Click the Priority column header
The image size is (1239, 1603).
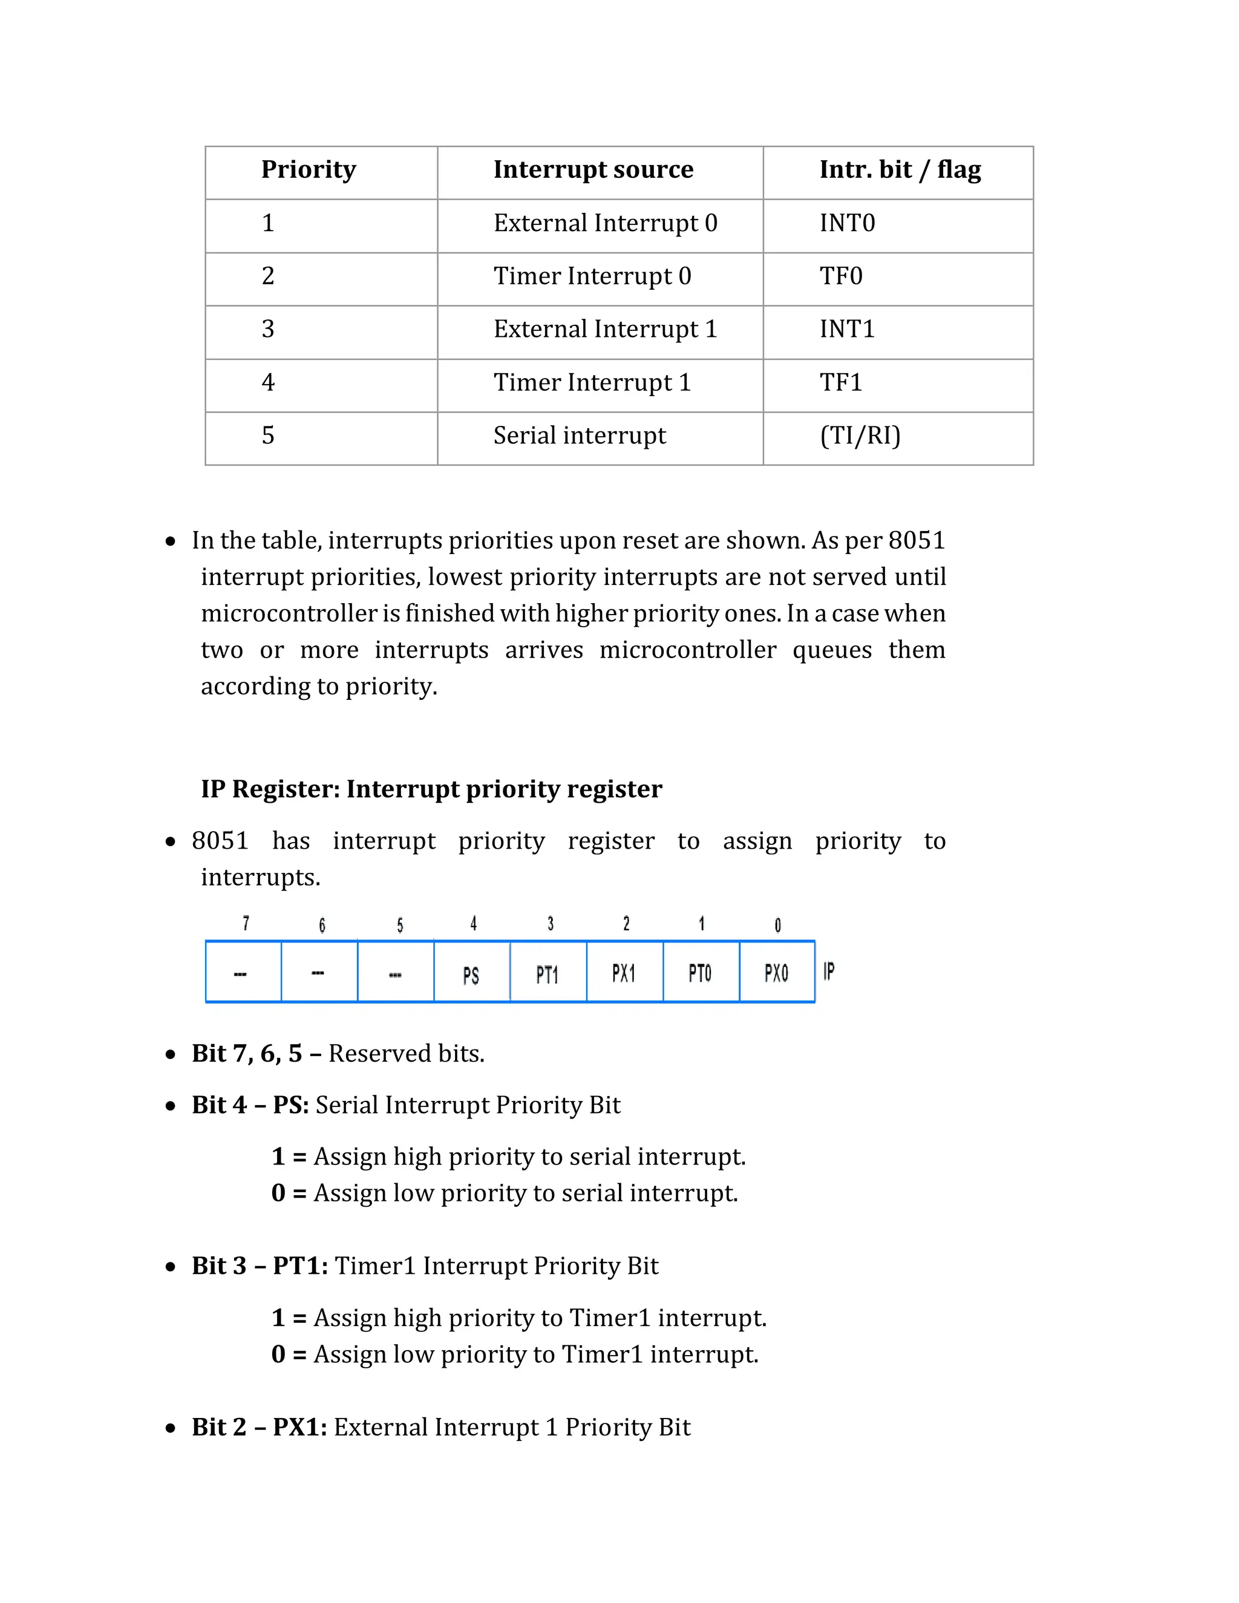pos(309,169)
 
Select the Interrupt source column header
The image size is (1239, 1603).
pos(592,169)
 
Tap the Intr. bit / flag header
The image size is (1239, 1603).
pos(899,169)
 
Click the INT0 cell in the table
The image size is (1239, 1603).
pos(847,223)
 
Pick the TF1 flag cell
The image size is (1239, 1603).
pos(840,382)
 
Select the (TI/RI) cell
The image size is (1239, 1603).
pos(860,436)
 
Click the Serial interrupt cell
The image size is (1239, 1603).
pos(579,436)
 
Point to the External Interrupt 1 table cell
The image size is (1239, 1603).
pos(604,329)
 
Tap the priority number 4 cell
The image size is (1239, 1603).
pos(268,382)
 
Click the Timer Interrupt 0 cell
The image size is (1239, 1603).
pos(592,276)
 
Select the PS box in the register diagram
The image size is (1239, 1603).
pos(471,975)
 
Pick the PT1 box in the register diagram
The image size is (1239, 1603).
pos(548,975)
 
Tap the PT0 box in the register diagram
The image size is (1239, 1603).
pos(699,973)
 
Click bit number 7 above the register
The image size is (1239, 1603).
pos(246,923)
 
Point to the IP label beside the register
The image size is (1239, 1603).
pos(829,972)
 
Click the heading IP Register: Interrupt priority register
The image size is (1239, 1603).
pos(431,789)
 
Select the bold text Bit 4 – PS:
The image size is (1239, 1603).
pos(250,1105)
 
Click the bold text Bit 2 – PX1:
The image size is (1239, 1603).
pos(259,1427)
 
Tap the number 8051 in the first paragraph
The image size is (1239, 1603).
pos(916,540)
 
